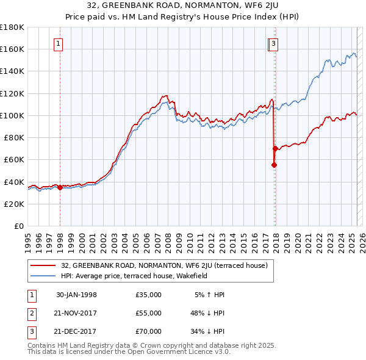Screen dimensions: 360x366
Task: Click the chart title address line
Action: [x=182, y=7]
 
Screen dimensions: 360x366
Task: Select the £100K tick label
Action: [x=13, y=115]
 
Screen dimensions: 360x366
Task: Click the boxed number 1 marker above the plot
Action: [x=58, y=43]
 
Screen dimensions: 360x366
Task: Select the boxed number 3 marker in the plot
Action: [x=274, y=43]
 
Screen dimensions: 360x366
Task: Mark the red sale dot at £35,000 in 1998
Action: [x=60, y=187]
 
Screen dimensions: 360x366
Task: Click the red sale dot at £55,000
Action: [x=274, y=165]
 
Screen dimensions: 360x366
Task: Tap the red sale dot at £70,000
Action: [x=275, y=148]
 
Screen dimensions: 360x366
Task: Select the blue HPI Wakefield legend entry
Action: [x=134, y=276]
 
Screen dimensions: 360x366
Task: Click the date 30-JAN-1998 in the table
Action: [x=76, y=295]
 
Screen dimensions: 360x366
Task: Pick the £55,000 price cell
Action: [x=149, y=313]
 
